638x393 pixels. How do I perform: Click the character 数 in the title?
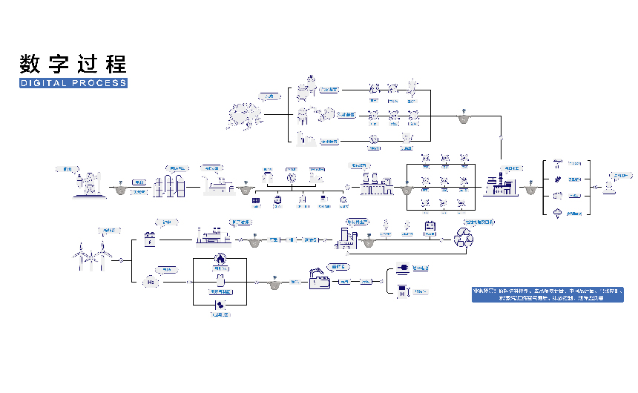click(x=30, y=64)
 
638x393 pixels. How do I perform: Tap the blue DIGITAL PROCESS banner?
click(x=73, y=83)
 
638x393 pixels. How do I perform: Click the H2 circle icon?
click(x=151, y=283)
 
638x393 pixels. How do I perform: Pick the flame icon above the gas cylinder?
click(x=220, y=258)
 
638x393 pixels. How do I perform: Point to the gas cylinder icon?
click(x=220, y=283)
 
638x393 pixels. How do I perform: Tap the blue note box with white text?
click(x=547, y=294)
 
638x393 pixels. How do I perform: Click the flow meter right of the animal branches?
click(x=462, y=117)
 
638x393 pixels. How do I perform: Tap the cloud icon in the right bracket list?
click(x=557, y=214)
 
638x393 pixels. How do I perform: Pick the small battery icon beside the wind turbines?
click(x=151, y=240)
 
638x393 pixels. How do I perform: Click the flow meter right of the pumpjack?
click(x=120, y=190)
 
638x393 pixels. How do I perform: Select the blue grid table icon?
click(x=255, y=200)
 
